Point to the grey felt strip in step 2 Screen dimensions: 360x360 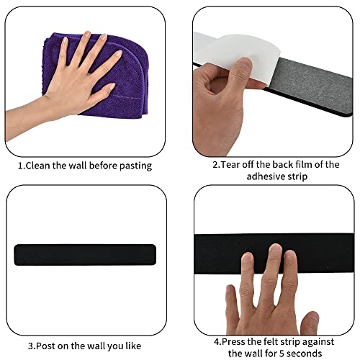click(x=312, y=86)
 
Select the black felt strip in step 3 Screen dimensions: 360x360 click(x=85, y=255)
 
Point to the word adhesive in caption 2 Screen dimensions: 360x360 click(x=264, y=176)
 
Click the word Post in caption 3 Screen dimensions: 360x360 click(x=45, y=346)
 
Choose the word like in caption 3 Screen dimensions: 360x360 click(x=133, y=346)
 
